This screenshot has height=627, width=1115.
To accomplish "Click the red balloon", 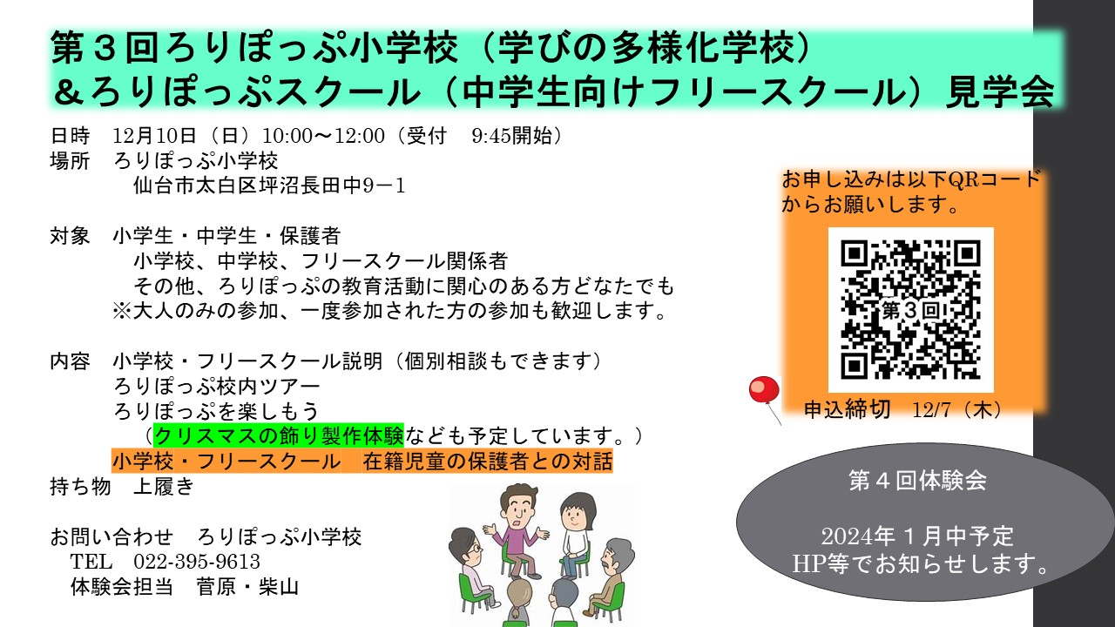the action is pos(764,389).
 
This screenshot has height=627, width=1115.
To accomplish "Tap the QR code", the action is pos(910,309).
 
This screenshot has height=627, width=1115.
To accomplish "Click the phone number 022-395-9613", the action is pos(197,562).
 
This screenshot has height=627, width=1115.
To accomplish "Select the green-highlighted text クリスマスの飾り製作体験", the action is pos(279,435).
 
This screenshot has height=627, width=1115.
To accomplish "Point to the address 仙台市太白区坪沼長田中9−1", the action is pos(269,185).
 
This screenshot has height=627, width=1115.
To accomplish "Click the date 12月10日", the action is pos(155,135).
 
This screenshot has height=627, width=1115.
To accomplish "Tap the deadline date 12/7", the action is pos(931,409).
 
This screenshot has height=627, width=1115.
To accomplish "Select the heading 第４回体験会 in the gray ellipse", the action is pos(917,481).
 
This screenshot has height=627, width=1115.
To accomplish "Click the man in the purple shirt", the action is pos(517,532).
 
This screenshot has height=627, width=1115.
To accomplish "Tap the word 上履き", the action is pos(164,486).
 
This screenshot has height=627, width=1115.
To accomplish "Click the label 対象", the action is pos(70,236).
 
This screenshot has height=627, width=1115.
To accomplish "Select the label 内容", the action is pos(70,361).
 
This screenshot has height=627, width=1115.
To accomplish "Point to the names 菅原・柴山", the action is pos(247,587).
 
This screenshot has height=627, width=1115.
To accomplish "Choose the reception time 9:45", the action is pos(491,135).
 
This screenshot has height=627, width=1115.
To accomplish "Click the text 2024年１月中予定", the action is pos(917,536).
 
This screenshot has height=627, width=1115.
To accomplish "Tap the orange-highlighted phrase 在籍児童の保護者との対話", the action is pos(487,462).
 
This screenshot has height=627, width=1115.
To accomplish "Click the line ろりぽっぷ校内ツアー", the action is pos(217,386).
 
